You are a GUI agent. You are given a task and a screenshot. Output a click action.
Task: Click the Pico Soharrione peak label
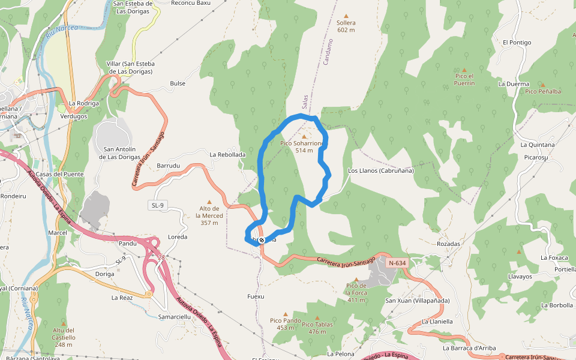(303, 147)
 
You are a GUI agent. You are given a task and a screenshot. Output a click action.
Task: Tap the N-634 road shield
(397, 263)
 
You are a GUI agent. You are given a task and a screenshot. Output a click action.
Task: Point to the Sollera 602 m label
(346, 26)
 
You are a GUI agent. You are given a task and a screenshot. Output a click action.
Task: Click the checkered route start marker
(262, 240)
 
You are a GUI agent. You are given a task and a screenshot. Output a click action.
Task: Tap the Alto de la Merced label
(209, 215)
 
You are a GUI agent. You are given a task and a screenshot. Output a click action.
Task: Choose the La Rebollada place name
(227, 155)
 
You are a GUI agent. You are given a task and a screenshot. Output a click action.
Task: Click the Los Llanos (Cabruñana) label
(381, 170)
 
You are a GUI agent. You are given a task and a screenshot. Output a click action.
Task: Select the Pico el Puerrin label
(464, 79)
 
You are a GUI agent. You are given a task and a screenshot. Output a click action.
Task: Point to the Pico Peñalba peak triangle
(542, 85)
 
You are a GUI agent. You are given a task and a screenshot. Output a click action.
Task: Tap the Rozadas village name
(448, 244)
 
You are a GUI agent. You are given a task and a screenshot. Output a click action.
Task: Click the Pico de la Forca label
(356, 293)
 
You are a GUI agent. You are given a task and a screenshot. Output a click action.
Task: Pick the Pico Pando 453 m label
(286, 324)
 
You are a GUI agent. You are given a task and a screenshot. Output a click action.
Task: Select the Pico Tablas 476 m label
(317, 328)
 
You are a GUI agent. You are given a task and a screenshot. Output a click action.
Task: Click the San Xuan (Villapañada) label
(417, 301)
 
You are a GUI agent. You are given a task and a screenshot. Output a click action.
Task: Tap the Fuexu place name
(256, 296)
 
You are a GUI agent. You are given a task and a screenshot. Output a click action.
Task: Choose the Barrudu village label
(168, 165)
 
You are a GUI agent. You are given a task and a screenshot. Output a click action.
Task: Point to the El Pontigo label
(517, 43)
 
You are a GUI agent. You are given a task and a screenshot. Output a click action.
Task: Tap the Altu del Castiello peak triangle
(64, 323)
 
